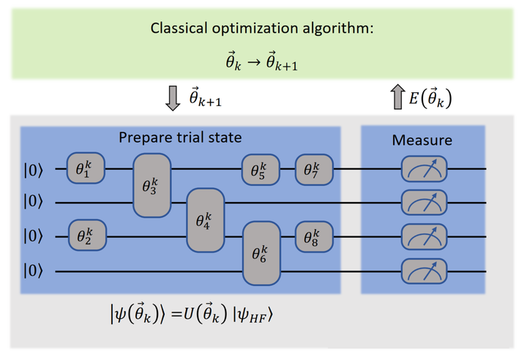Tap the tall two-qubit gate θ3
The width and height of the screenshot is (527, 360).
151,185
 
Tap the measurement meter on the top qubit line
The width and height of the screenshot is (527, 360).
424,169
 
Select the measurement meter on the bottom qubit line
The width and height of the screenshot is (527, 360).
424,271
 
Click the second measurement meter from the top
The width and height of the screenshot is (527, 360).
424,203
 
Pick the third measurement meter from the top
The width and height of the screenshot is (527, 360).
424,237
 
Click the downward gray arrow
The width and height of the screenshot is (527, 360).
173,97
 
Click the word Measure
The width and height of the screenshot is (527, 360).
422,140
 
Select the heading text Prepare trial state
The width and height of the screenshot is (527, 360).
179,137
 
